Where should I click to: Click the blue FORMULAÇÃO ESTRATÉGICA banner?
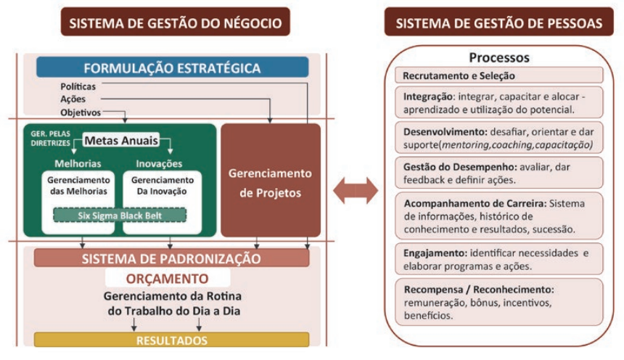172,67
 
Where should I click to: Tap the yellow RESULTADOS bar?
171,340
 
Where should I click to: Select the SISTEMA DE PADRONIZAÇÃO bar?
171,258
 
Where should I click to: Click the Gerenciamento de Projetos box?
271,181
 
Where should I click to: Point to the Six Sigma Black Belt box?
120,216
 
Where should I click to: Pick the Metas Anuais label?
121,140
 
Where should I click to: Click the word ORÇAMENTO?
167,279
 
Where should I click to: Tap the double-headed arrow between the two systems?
356,191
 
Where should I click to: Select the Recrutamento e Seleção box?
499,75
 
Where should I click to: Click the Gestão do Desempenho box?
499,173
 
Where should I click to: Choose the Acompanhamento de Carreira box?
499,216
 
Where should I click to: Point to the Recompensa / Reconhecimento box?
499,302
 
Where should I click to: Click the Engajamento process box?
499,259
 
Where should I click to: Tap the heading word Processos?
499,57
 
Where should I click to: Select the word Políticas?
78,86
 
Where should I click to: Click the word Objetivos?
81,112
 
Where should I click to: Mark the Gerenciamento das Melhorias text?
78,186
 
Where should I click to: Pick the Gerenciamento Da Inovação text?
162,186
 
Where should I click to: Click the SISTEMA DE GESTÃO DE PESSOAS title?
499,22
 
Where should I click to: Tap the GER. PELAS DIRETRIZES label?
51,138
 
